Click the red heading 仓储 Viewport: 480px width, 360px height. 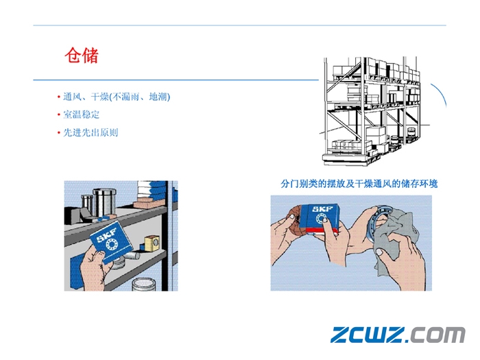[x=82, y=56]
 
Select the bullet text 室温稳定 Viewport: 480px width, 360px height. [x=81, y=115]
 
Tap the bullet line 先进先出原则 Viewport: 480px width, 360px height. [x=91, y=132]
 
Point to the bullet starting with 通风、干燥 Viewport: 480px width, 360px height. [x=117, y=97]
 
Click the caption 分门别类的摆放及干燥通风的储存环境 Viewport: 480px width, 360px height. [x=359, y=184]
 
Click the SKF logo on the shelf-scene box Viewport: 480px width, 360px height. [x=106, y=235]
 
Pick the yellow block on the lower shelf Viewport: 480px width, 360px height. [x=152, y=243]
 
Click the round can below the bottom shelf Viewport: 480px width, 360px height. [x=144, y=284]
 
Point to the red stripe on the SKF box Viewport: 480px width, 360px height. [x=324, y=231]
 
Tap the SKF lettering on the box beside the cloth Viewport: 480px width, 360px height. [x=322, y=209]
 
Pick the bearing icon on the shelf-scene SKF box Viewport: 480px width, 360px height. [x=111, y=243]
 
